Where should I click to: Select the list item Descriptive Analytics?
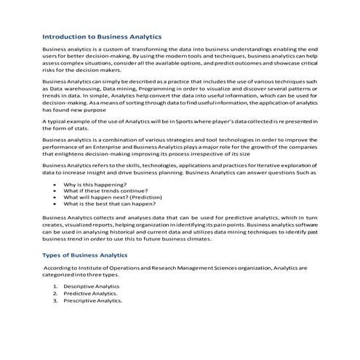click(x=92, y=287)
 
